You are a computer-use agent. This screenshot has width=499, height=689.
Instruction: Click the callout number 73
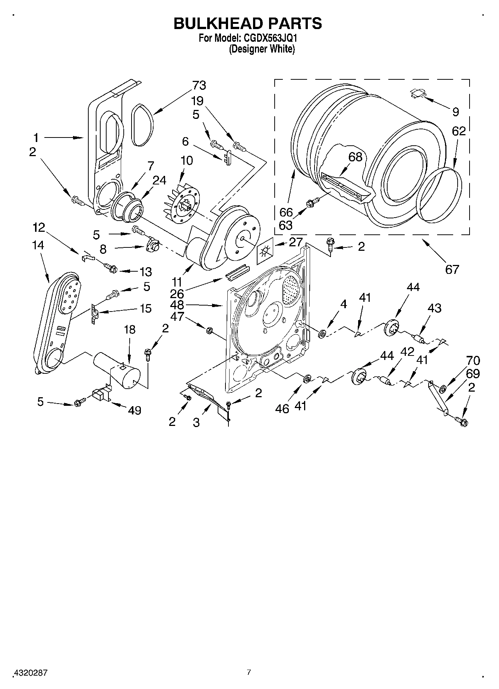click(x=199, y=86)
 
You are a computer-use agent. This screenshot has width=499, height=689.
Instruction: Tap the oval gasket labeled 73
click(x=142, y=126)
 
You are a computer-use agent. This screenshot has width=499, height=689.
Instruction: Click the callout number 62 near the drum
click(x=459, y=131)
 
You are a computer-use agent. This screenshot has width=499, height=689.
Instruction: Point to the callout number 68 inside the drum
click(x=355, y=157)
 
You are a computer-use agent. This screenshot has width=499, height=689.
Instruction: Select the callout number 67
click(x=452, y=269)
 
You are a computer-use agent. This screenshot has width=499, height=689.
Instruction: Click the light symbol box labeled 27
click(x=265, y=252)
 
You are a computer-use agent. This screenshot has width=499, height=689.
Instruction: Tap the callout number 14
click(x=38, y=245)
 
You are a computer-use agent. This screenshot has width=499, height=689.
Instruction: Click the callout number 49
click(x=135, y=410)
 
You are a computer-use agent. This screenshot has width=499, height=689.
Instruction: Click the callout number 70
click(x=473, y=361)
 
